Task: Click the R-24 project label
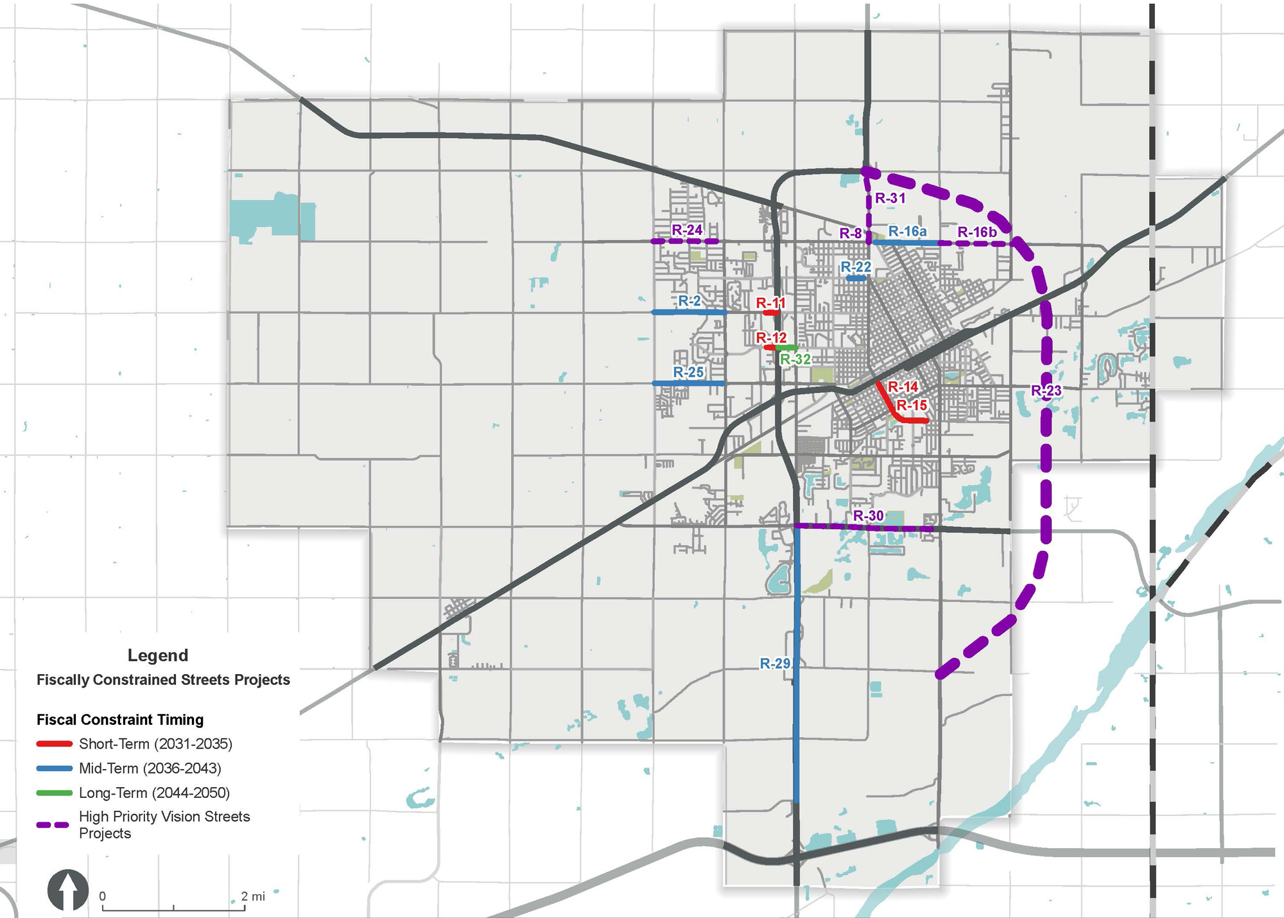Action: (687, 230)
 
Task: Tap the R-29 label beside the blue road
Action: (775, 664)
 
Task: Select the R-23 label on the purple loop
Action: (1046, 390)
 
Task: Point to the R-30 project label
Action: (868, 516)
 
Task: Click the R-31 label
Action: (890, 198)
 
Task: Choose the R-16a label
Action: (907, 231)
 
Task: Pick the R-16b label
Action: (976, 232)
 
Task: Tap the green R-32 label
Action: (795, 359)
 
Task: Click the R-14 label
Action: (903, 386)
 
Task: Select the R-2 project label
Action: (690, 301)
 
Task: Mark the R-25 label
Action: (688, 372)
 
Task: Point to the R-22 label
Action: (856, 267)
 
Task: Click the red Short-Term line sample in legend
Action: (54, 744)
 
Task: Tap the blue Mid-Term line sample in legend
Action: (54, 768)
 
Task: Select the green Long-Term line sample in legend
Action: (54, 793)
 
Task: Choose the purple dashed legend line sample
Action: (54, 825)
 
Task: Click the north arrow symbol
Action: (68, 890)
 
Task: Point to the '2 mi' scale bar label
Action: (253, 896)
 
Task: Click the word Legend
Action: (158, 655)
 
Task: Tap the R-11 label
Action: (770, 303)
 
